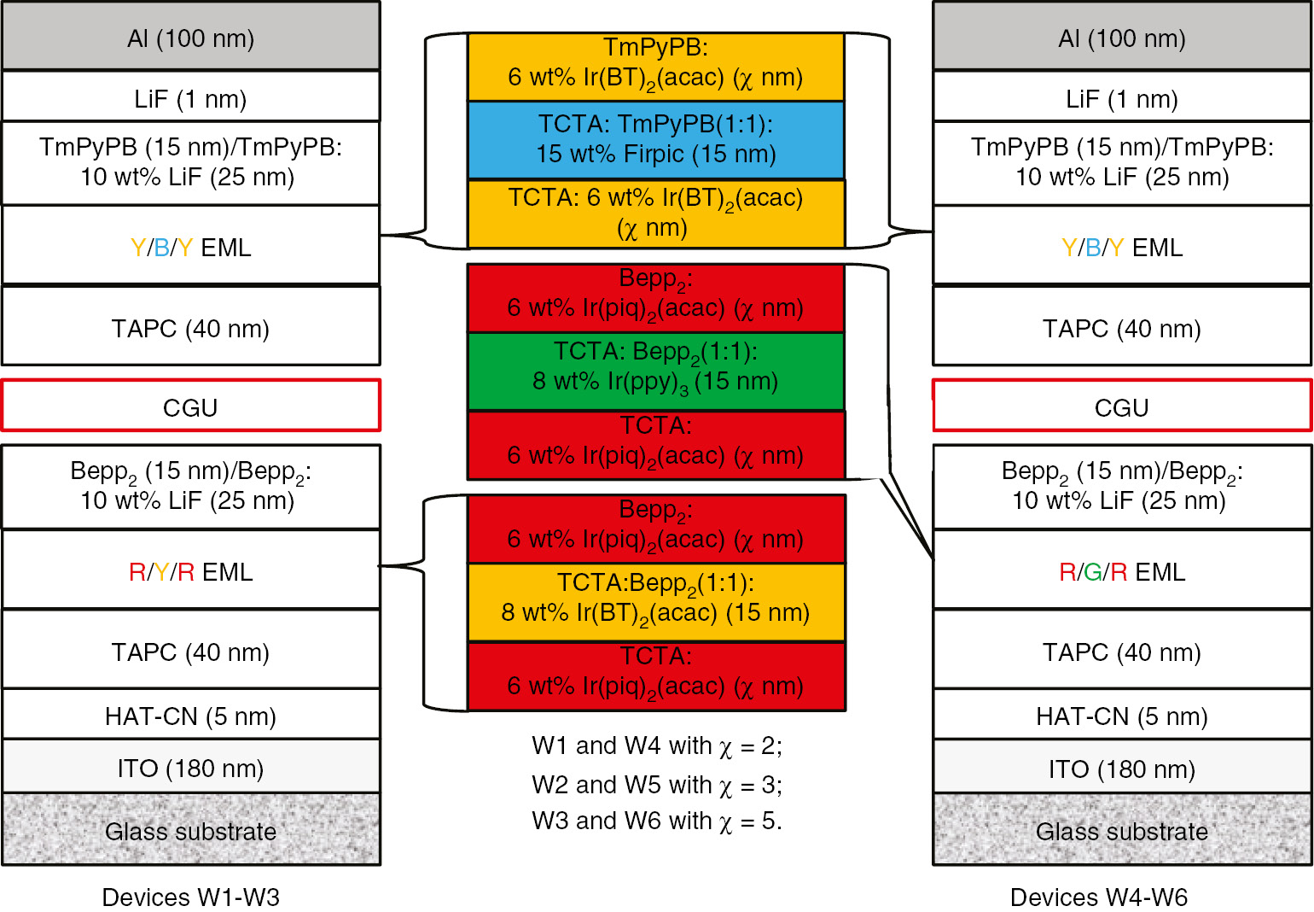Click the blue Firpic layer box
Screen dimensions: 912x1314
click(655, 139)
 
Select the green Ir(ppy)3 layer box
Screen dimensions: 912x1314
click(655, 371)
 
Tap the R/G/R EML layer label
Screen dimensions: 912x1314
click(1121, 571)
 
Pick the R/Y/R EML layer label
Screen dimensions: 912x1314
click(190, 571)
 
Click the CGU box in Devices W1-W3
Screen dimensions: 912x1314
click(190, 406)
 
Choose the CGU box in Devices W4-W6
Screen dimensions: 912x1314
click(1121, 406)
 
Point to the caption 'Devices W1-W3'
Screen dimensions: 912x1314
click(190, 897)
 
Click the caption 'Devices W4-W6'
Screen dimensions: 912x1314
click(1098, 897)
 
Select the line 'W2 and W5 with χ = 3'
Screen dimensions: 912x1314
click(656, 784)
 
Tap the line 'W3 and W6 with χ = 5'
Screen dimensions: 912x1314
click(656, 821)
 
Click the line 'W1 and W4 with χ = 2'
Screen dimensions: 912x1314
click(656, 745)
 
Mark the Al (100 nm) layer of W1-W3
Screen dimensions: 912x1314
click(190, 38)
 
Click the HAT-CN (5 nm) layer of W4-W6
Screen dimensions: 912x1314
click(1121, 716)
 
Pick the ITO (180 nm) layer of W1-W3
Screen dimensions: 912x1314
click(190, 768)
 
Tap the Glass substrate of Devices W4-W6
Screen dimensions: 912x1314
click(1121, 830)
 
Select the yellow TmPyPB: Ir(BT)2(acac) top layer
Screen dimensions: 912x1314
click(655, 65)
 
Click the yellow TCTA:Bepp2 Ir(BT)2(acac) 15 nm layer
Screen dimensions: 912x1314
click(655, 602)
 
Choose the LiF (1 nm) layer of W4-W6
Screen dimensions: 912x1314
click(1121, 97)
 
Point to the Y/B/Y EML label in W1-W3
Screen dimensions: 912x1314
click(190, 247)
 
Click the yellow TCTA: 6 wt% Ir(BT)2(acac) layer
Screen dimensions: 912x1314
click(655, 213)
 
